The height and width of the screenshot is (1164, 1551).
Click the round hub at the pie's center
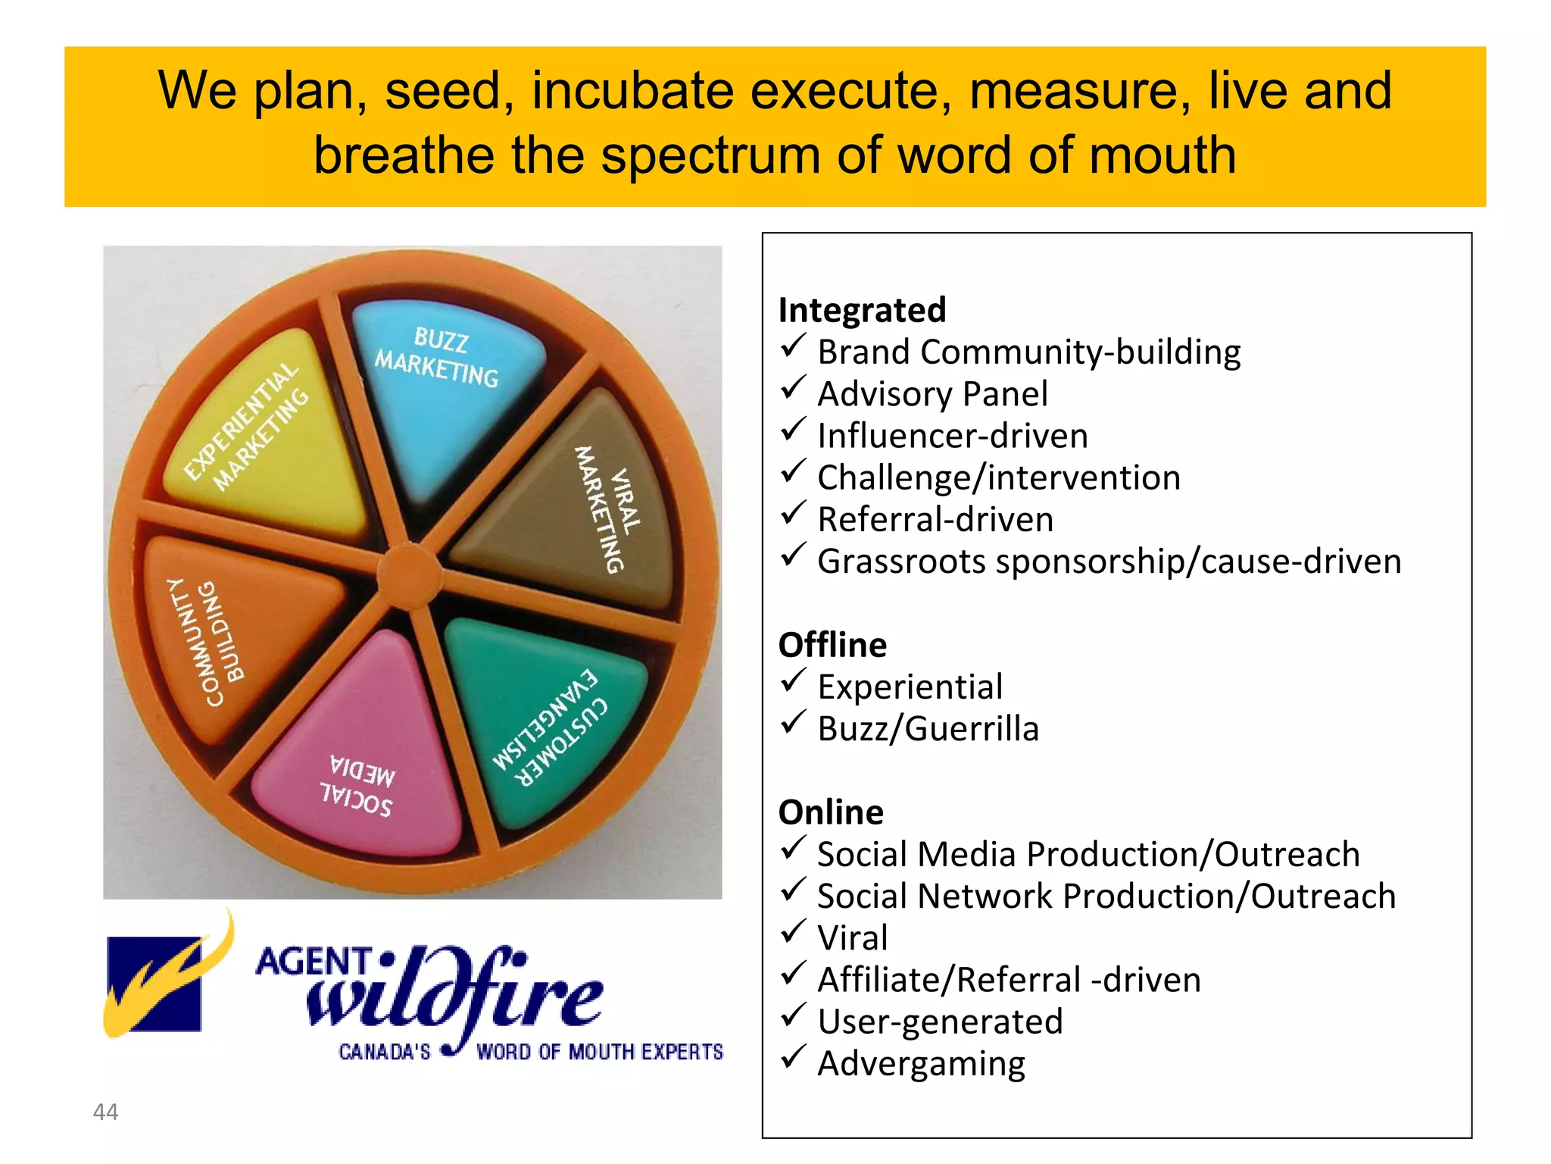pyautogui.click(x=409, y=576)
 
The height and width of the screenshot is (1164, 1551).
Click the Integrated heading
pyautogui.click(x=862, y=310)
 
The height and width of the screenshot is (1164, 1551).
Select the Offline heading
pyautogui.click(x=832, y=645)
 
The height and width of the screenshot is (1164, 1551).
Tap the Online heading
pyautogui.click(x=831, y=812)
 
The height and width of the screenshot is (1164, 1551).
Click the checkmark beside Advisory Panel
pyautogui.click(x=792, y=390)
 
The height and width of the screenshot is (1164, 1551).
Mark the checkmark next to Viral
pyautogui.click(x=792, y=933)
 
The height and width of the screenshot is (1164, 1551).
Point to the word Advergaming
pyautogui.click(x=921, y=1064)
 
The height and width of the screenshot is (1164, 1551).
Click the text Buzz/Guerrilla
pyautogui.click(x=928, y=729)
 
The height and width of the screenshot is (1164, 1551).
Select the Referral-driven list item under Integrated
pyautogui.click(x=935, y=520)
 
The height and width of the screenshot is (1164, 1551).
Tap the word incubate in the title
pyautogui.click(x=632, y=90)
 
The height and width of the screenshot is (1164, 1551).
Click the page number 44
pyautogui.click(x=105, y=1112)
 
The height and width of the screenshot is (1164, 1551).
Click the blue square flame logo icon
pyautogui.click(x=155, y=984)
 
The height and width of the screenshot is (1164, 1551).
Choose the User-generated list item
pyautogui.click(x=940, y=1022)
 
